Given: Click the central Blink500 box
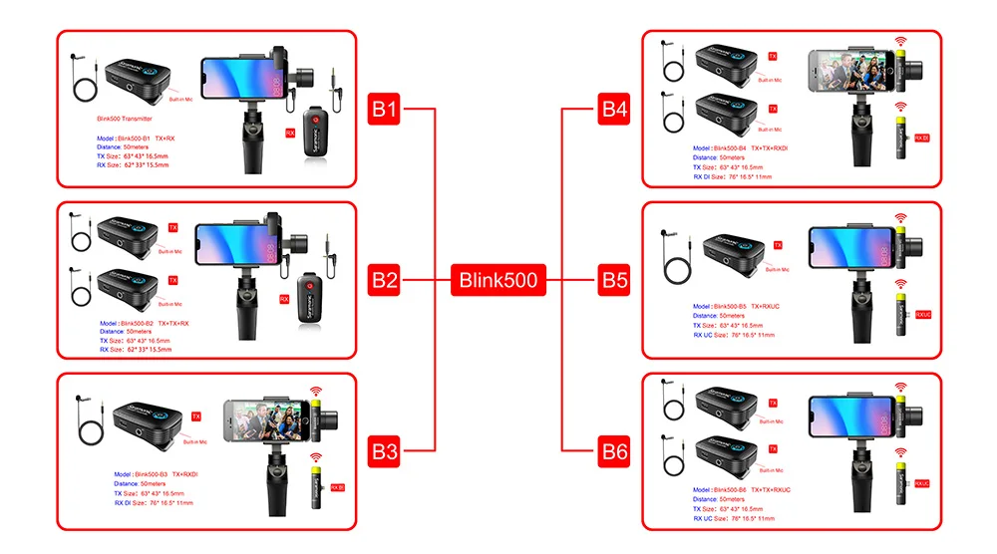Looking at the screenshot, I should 498,280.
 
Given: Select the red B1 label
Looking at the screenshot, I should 385,109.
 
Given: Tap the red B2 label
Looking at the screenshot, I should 385,280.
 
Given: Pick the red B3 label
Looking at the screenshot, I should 385,451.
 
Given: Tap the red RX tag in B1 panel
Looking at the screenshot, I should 290,131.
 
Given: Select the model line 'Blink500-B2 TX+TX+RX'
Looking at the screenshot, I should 146,324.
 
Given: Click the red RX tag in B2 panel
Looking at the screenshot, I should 284,298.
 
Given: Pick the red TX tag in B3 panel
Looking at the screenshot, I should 196,415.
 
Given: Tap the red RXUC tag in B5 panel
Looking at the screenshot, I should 922,314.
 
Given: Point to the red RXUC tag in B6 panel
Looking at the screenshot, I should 922,483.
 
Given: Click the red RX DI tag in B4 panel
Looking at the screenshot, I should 922,138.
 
